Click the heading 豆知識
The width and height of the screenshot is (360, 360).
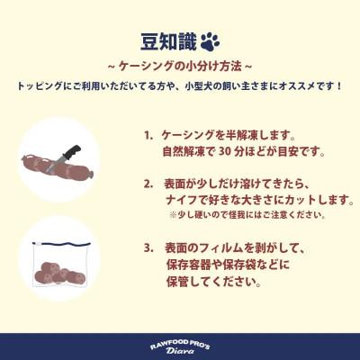[x=166, y=41]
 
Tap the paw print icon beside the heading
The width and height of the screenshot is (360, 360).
[x=209, y=41]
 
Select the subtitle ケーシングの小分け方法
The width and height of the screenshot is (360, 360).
[x=180, y=66]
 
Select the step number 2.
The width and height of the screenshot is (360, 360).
[x=148, y=183]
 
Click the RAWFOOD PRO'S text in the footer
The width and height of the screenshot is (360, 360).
[x=180, y=341]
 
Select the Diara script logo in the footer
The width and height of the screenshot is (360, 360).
[x=180, y=352]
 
